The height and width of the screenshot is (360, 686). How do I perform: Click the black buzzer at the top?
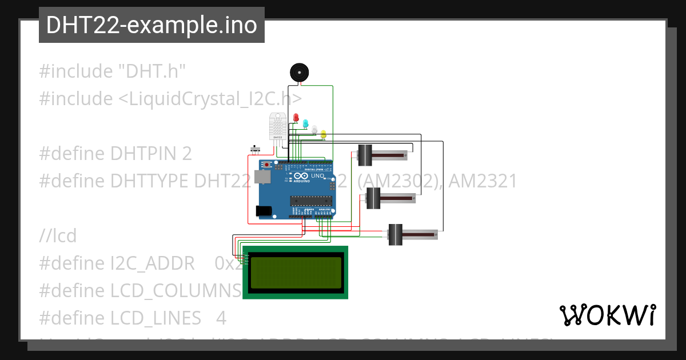tap(299, 73)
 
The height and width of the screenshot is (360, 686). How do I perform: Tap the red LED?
tap(296, 117)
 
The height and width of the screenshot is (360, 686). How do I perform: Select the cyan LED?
tap(305, 123)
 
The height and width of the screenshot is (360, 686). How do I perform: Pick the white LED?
tap(314, 129)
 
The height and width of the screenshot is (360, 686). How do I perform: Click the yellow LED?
tap(323, 134)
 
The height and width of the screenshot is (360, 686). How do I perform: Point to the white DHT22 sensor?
tap(277, 126)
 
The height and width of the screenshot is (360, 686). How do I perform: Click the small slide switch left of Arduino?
tap(256, 150)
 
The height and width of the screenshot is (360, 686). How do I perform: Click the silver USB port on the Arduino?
tap(262, 178)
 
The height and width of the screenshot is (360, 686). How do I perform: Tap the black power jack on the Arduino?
tap(264, 211)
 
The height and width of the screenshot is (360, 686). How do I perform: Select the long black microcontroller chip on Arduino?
tap(310, 200)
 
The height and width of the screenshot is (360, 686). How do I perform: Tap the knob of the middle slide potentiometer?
tap(373, 199)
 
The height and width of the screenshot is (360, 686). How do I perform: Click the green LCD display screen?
tap(296, 272)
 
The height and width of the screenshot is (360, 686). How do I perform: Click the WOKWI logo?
tap(607, 315)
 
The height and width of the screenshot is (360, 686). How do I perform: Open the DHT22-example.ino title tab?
tap(151, 25)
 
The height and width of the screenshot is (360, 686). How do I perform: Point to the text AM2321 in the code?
tap(482, 181)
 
